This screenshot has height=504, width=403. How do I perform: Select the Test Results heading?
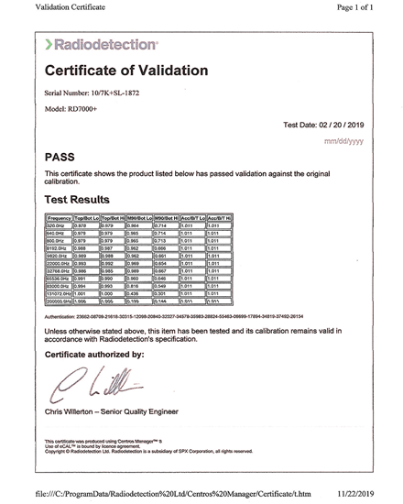[78, 199]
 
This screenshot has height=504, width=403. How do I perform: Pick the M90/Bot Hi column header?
[164, 218]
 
